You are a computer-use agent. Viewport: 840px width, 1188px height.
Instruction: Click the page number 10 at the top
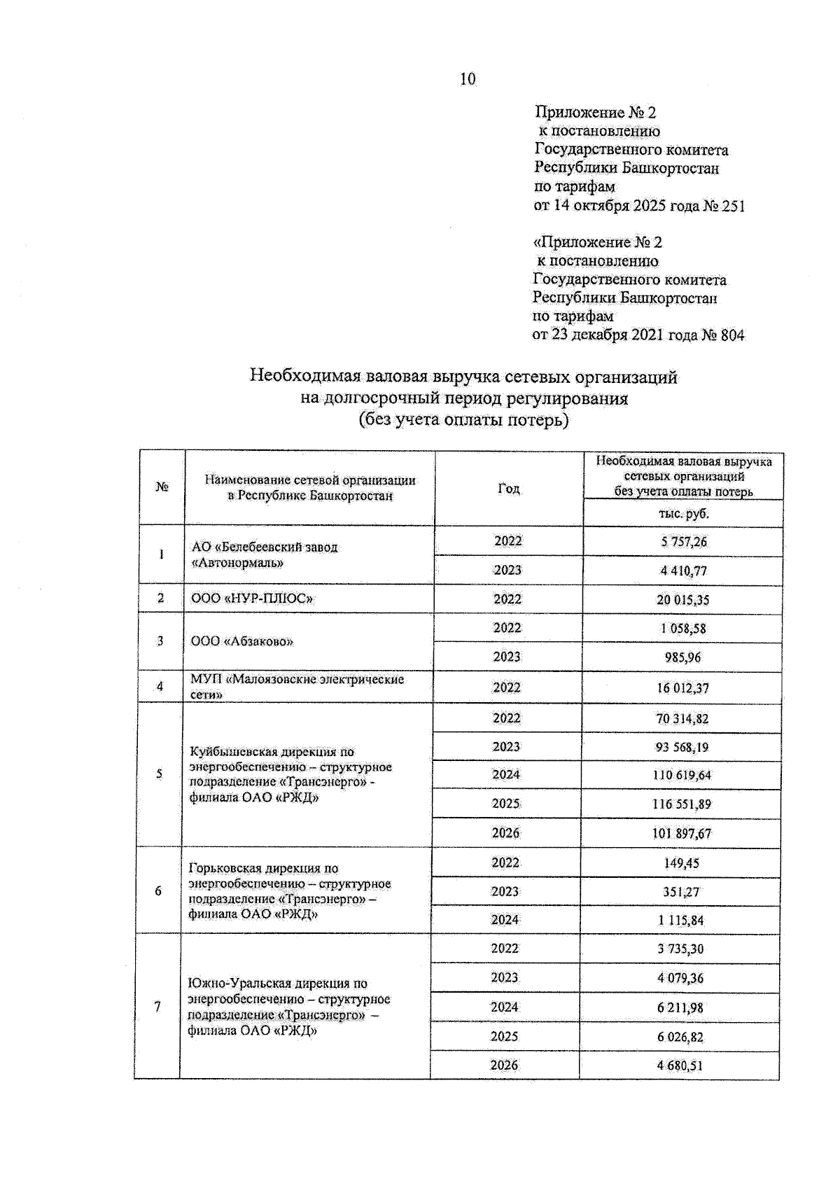(x=468, y=79)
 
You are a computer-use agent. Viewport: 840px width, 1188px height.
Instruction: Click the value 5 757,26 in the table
(x=682, y=542)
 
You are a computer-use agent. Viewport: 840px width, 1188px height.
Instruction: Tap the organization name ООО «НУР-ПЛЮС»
(x=251, y=599)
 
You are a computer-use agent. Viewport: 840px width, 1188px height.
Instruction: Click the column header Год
(x=509, y=489)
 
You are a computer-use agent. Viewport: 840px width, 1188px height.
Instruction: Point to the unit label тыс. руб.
(x=683, y=513)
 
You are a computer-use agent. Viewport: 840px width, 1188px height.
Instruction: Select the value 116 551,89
(x=681, y=804)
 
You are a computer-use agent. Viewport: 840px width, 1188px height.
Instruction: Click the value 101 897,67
(x=681, y=833)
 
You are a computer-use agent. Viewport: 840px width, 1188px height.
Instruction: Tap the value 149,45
(x=681, y=863)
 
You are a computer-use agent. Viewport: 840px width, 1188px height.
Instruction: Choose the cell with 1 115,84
(x=680, y=921)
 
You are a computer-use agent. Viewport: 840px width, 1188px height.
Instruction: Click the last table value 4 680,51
(x=679, y=1065)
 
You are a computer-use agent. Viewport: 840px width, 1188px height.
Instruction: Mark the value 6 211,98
(x=680, y=1007)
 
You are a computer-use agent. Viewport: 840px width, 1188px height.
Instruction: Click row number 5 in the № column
(x=159, y=774)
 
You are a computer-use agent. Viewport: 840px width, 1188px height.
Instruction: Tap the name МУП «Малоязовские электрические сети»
(x=297, y=687)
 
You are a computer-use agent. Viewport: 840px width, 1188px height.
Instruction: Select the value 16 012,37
(x=682, y=688)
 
